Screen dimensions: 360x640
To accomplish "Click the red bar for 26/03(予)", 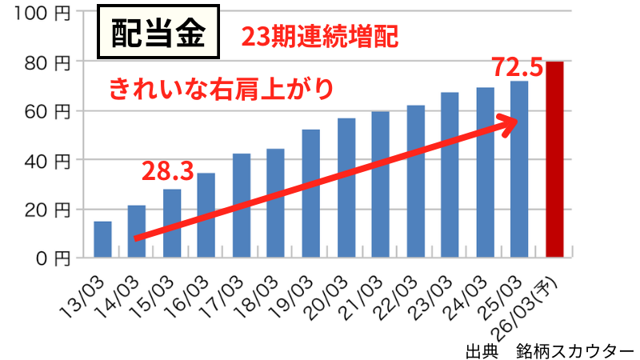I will [x=555, y=160].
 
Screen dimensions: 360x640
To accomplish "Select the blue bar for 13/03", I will [x=102, y=239].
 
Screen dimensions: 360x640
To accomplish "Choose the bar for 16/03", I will [x=206, y=215].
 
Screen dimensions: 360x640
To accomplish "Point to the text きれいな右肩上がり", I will [x=220, y=87].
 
